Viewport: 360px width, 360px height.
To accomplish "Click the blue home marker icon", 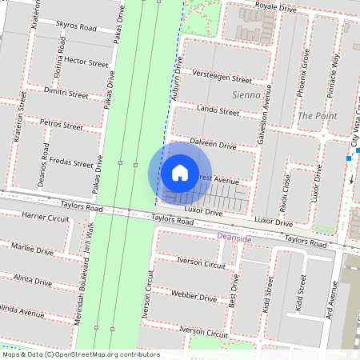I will click(179, 173).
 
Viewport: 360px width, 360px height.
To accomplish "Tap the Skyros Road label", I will click(77, 26).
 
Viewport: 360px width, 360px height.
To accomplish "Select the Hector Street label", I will click(86, 62).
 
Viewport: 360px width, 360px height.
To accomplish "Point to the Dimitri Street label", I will click(66, 94).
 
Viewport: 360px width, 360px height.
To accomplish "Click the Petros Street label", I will click(62, 126).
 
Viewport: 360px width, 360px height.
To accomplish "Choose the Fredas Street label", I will click(71, 162).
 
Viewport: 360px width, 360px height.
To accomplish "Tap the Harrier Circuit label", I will click(47, 217).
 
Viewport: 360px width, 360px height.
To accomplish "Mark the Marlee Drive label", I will click(33, 250).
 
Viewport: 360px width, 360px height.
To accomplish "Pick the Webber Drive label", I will click(194, 297).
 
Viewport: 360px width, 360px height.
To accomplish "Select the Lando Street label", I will click(218, 111).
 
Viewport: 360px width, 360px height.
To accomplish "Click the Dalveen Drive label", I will click(213, 145).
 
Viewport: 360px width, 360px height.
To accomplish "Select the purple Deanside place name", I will click(234, 238).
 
